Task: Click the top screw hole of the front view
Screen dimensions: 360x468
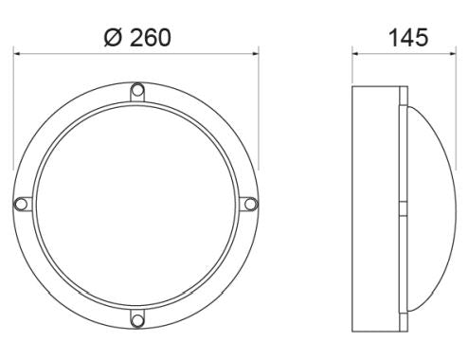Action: click(136, 91)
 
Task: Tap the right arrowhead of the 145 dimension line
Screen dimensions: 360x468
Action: click(460, 55)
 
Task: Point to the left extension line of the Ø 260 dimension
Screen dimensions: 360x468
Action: click(13, 114)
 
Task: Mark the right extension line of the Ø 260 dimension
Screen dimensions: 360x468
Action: click(258, 114)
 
